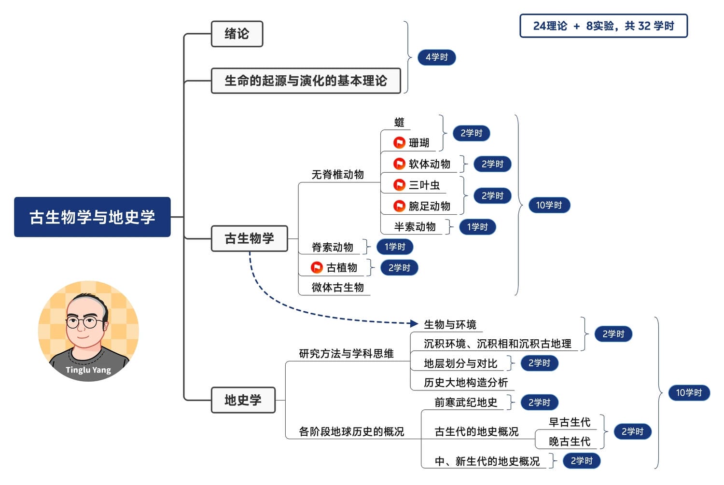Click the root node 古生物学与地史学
(92, 217)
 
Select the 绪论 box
(237, 34)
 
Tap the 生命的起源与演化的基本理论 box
(306, 81)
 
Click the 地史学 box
(243, 400)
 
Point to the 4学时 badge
(437, 57)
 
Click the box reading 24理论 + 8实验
(603, 26)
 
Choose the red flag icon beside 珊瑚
(399, 142)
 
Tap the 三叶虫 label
(424, 185)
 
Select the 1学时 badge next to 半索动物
(477, 227)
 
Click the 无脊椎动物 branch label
(337, 174)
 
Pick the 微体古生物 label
(337, 288)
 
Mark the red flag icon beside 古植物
(317, 267)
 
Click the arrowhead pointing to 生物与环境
(413, 323)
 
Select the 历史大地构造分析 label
(466, 383)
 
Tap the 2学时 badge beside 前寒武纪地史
(539, 402)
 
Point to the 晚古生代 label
(570, 442)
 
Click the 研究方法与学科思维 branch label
(346, 354)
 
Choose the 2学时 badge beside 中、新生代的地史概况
(582, 461)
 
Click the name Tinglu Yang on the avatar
(88, 370)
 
